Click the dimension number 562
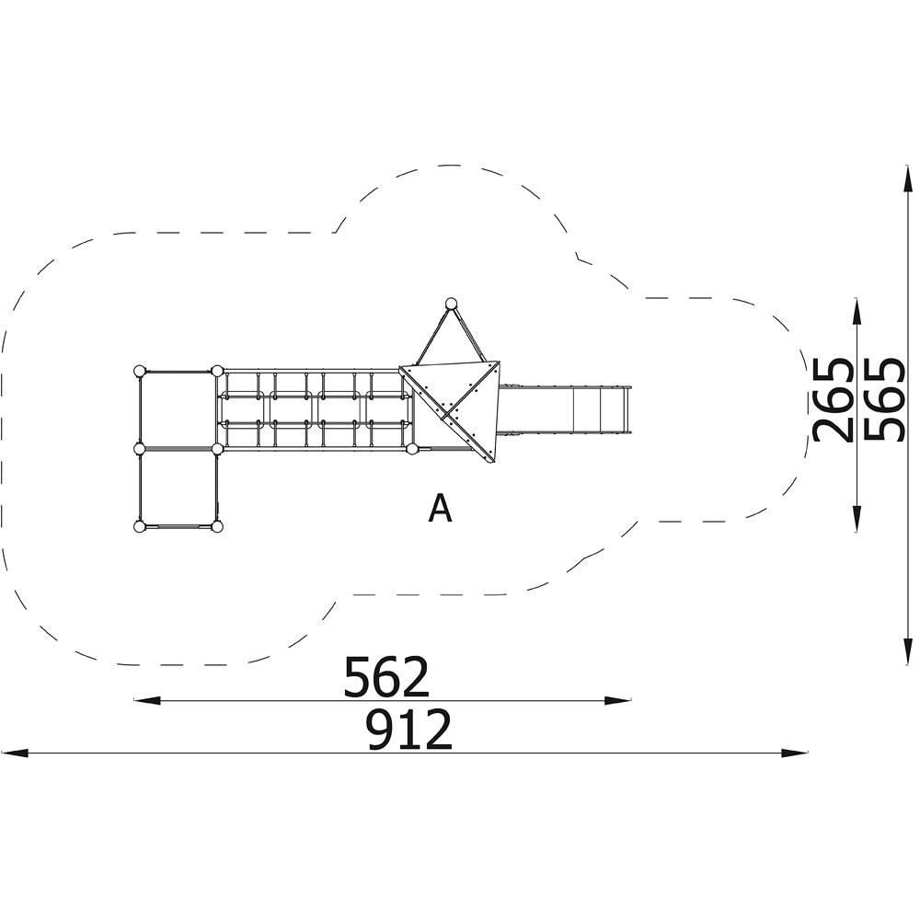[x=386, y=677]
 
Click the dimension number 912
[x=409, y=730]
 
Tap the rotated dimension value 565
[x=883, y=399]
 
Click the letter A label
[x=440, y=508]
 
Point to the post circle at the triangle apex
[x=451, y=304]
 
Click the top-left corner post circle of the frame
[x=139, y=371]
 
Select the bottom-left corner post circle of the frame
[x=139, y=527]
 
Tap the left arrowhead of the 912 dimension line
[x=15, y=753]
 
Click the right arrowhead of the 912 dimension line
[x=795, y=753]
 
